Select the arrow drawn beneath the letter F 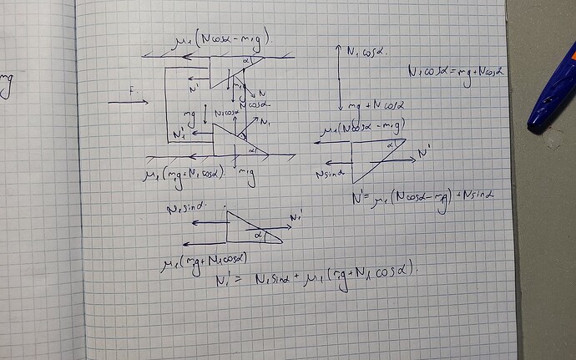pos(128,102)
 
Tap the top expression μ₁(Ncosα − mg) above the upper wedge pos(223,38)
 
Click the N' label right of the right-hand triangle pos(424,153)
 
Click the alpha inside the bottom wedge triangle pos(259,236)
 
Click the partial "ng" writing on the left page pos(6,84)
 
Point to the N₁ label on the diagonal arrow pos(265,122)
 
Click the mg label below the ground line pos(246,172)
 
